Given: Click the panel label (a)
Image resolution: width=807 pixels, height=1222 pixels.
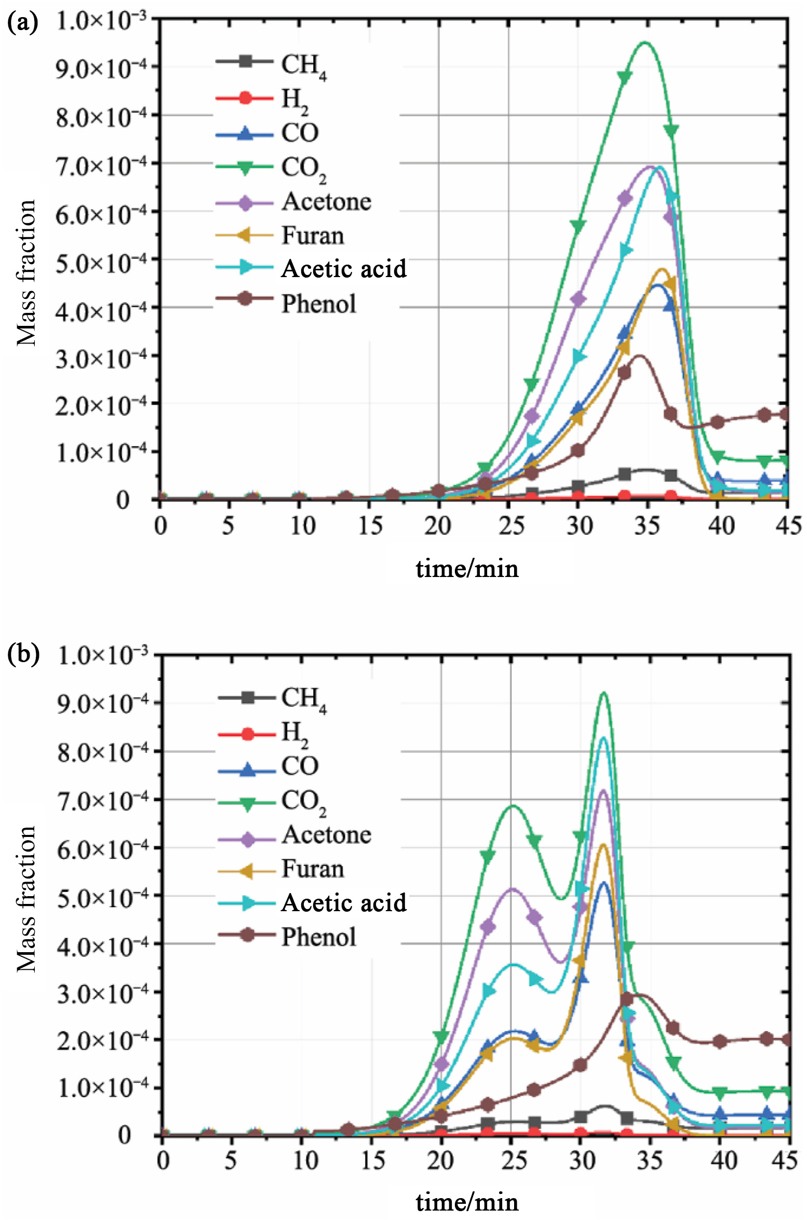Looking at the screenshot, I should coord(22,23).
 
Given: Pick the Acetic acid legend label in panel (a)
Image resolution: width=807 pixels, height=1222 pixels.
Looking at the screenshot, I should coord(344,269).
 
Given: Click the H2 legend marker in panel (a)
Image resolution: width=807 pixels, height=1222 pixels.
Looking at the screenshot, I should coord(245,98).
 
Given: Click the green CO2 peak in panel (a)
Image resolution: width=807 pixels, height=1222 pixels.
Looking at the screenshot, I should coord(644,43).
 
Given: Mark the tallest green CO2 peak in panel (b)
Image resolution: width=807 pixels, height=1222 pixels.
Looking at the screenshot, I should coord(603,693).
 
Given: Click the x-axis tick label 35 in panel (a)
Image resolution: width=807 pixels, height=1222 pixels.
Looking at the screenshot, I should coord(648,526).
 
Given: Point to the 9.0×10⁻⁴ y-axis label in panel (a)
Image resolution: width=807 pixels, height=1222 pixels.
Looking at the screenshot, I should coord(101,68).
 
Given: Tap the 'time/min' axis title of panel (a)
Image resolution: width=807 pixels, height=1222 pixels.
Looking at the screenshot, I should coord(467,569).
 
